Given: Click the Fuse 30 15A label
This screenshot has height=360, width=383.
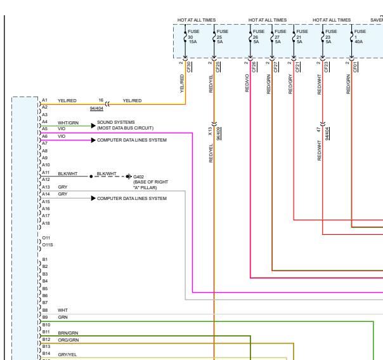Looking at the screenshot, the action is coord(193,36).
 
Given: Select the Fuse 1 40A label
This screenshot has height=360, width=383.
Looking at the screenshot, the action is coord(360,36).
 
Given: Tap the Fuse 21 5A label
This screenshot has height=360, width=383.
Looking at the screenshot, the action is coord(302,36).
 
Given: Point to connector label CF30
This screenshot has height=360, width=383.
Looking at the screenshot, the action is coord(189,67).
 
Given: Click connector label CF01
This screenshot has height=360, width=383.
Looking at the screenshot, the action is coord(355,67).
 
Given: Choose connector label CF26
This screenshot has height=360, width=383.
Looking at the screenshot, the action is coord(254,67).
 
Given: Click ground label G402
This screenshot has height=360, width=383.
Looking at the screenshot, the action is coord(138,177).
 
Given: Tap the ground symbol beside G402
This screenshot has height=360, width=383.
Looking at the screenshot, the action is coord(129,177).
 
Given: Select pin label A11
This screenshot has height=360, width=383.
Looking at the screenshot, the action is coord(46,173).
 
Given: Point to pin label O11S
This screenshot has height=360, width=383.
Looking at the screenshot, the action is coord(48,245).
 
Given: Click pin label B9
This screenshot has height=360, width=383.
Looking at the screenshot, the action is coord(45,317).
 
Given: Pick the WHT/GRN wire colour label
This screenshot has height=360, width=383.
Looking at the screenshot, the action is coord(68,123).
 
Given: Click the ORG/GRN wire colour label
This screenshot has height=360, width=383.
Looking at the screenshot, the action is coord(68,340).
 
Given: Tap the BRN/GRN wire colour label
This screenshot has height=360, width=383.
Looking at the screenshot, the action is coord(68,333).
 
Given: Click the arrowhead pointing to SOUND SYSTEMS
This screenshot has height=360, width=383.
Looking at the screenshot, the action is coord(93,126).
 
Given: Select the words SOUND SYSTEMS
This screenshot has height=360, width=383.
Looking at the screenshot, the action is coord(116,122).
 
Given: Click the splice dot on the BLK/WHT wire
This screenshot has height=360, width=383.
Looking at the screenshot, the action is coord(91,177).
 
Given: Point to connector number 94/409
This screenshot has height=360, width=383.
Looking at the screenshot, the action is coord(219,133).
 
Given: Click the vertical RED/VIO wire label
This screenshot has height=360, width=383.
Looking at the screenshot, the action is coord(247,83).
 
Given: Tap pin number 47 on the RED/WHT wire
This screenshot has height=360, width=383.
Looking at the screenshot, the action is coord(318,130).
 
